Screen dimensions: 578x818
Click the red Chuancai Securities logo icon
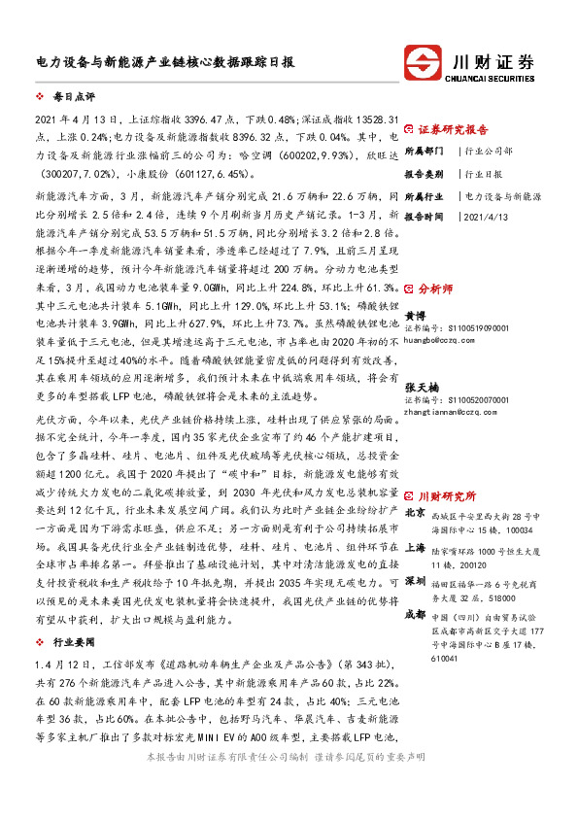point(425,59)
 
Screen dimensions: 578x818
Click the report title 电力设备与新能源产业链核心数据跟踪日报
point(158,60)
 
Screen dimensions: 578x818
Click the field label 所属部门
point(424,152)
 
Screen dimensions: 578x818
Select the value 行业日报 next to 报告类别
point(483,174)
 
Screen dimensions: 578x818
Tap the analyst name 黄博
point(415,316)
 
